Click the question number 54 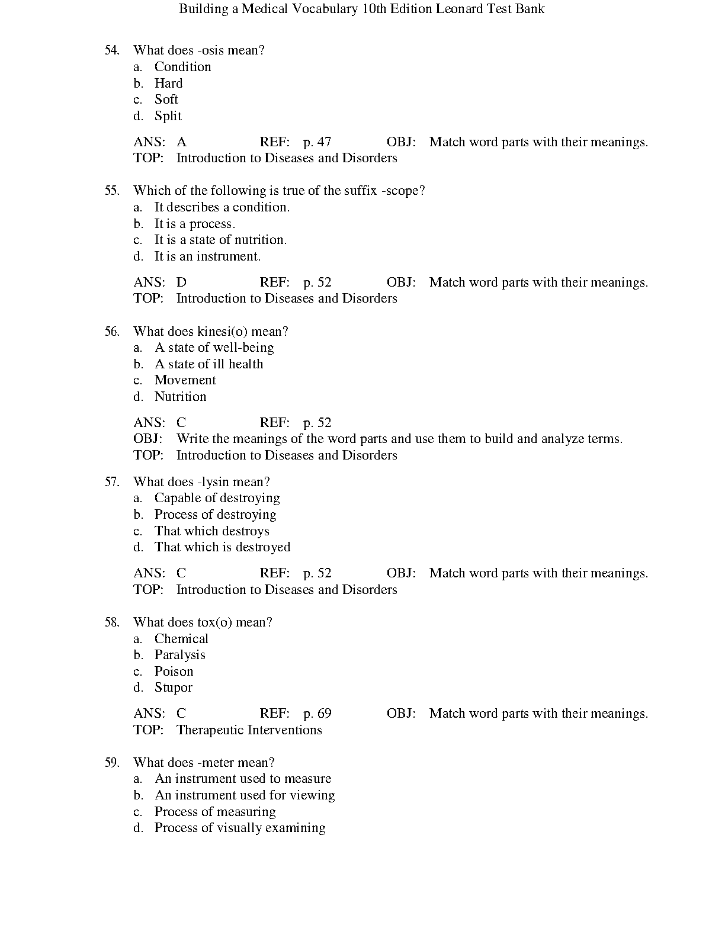(x=112, y=50)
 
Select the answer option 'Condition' (x=182, y=67)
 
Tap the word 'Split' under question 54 (x=168, y=116)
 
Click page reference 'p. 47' (x=317, y=142)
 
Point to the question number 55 (x=112, y=191)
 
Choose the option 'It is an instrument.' (x=207, y=256)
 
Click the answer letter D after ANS (x=181, y=282)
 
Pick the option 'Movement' (x=185, y=380)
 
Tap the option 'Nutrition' (x=180, y=397)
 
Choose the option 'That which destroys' (x=211, y=531)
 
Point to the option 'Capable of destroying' (x=217, y=498)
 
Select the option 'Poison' (x=174, y=672)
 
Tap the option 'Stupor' (x=173, y=688)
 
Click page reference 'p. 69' (x=317, y=714)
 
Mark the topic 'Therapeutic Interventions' (x=249, y=730)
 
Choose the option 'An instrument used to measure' (x=242, y=779)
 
